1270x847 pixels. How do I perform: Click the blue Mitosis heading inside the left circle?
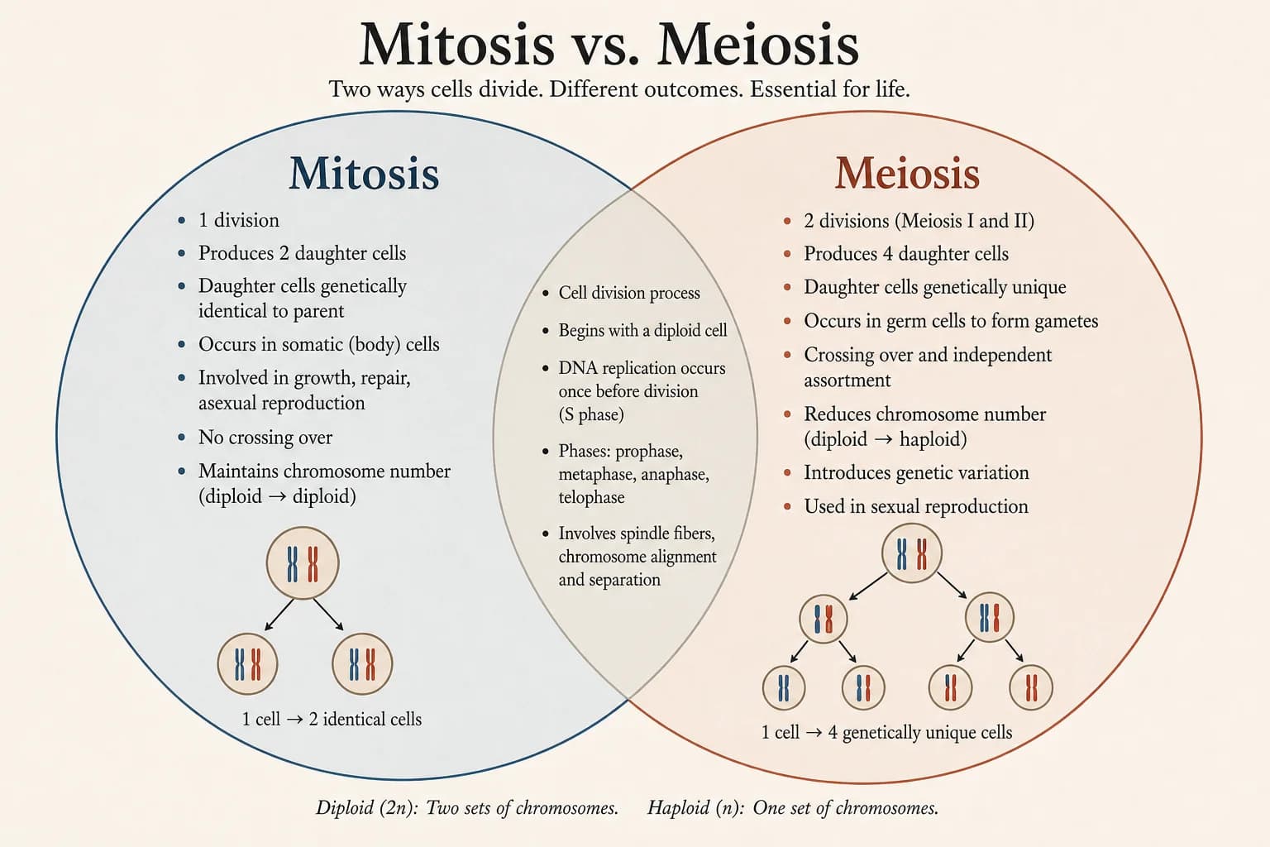pyautogui.click(x=364, y=173)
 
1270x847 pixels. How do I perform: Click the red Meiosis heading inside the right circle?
pyautogui.click(x=907, y=173)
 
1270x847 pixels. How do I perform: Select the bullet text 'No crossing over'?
pyautogui.click(x=265, y=438)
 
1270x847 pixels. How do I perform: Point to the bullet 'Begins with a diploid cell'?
pyautogui.click(x=642, y=330)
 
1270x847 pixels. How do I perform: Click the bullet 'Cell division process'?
pyautogui.click(x=629, y=293)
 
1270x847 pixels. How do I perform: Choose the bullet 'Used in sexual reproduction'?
pyautogui.click(x=915, y=506)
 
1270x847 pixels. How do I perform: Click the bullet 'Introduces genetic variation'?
pyautogui.click(x=916, y=472)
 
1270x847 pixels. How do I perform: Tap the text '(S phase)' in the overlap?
pyautogui.click(x=591, y=414)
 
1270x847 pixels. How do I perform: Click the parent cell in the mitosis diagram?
pyautogui.click(x=303, y=562)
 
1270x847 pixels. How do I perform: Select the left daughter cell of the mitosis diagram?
pyautogui.click(x=248, y=663)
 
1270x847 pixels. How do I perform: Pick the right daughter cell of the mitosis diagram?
pyautogui.click(x=362, y=663)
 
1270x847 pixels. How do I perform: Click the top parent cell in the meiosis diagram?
pyautogui.click(x=912, y=553)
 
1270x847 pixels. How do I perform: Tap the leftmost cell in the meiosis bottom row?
pyautogui.click(x=784, y=687)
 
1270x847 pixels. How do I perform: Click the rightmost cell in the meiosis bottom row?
pyautogui.click(x=1031, y=687)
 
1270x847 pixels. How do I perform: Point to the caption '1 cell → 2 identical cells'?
pyautogui.click(x=332, y=720)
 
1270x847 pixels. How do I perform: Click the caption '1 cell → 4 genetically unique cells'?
pyautogui.click(x=886, y=732)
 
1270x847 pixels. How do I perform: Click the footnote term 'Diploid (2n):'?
pyautogui.click(x=367, y=808)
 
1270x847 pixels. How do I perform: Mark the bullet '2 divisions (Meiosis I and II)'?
pyautogui.click(x=919, y=221)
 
